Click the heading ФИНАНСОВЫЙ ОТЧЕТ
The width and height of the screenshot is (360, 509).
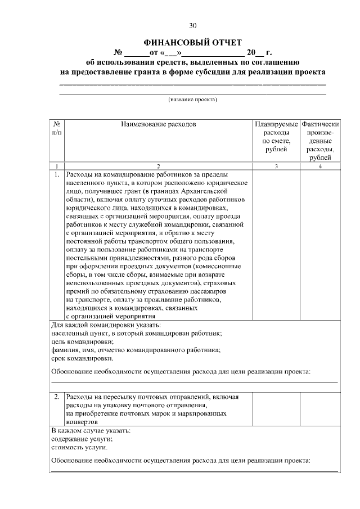coord(192,42)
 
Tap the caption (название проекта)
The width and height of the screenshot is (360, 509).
coord(192,100)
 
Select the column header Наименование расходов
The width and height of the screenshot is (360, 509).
coord(159,124)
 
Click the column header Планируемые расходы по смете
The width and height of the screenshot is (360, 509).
coord(276,136)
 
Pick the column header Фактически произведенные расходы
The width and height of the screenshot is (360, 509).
coord(319,141)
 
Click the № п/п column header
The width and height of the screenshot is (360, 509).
coord(57,128)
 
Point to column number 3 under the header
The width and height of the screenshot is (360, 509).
coord(276,166)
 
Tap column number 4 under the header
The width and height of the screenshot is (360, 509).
coord(319,166)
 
